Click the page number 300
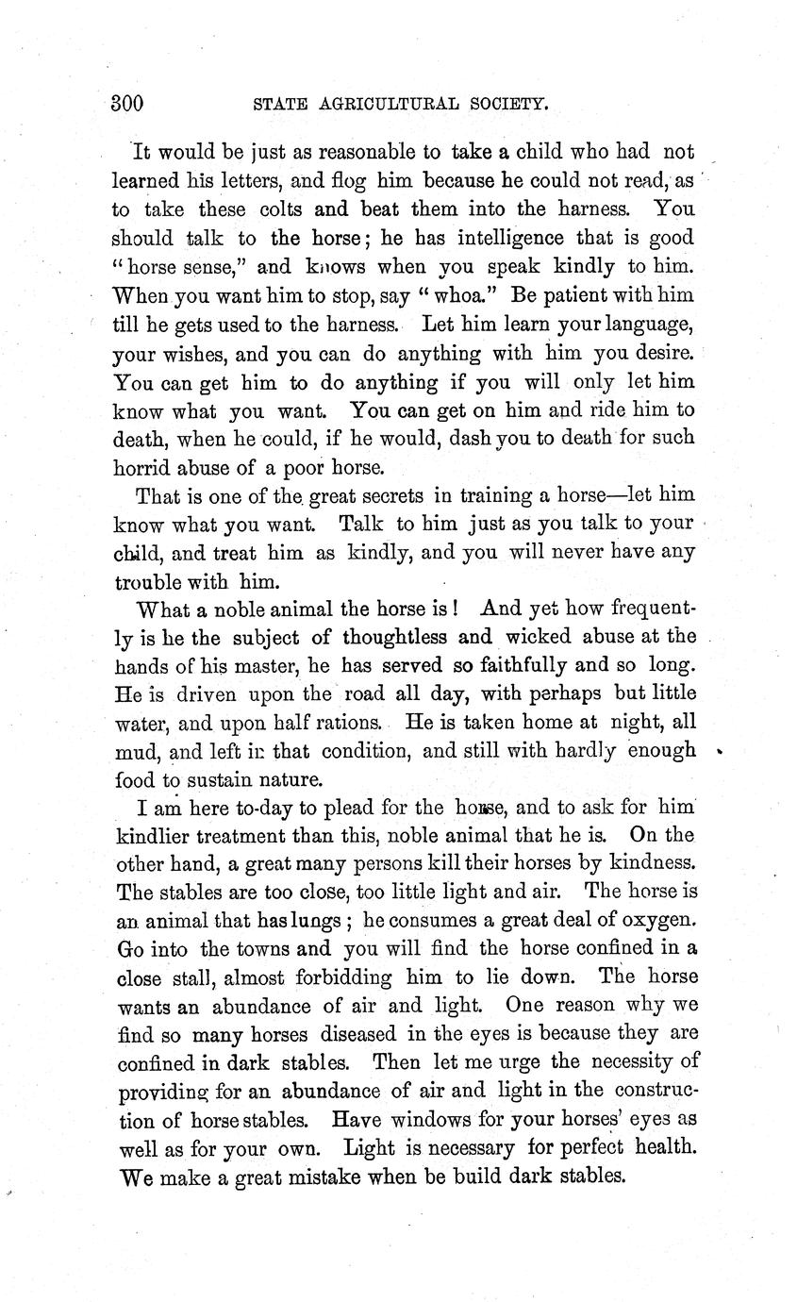click(x=126, y=104)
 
